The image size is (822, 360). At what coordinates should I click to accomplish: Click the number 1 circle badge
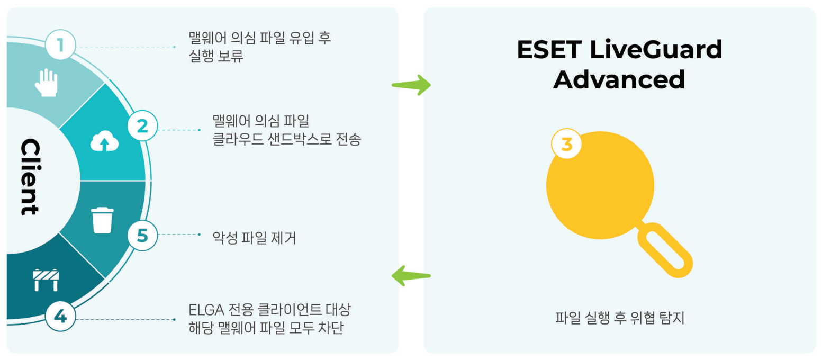[60, 45]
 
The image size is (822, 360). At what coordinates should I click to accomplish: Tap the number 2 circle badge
[142, 126]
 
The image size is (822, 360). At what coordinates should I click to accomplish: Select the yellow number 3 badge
[566, 143]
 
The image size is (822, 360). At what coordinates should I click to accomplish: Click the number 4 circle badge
[60, 317]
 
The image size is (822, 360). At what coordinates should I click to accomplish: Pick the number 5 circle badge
[142, 235]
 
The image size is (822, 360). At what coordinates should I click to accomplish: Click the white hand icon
[46, 83]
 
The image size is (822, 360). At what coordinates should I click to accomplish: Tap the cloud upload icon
[104, 141]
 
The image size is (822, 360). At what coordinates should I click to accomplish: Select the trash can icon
[102, 220]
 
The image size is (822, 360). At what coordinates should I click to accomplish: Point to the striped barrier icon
[46, 280]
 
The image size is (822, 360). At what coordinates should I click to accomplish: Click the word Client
[30, 176]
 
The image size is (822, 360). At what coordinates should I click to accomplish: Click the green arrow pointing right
[411, 85]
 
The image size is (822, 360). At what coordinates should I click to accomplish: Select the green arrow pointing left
[411, 276]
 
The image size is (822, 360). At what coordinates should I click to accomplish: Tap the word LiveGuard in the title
[656, 50]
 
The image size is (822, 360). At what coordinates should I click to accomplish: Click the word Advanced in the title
[619, 79]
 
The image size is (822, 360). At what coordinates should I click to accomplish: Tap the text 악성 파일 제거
[254, 238]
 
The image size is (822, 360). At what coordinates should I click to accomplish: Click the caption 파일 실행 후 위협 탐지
[619, 318]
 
